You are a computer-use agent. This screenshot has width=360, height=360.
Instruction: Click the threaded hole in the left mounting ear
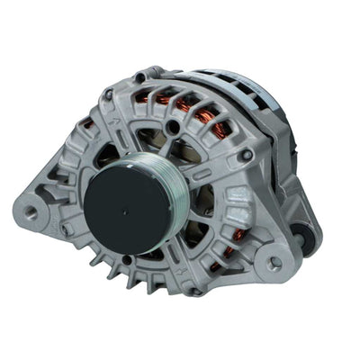(x=31, y=213)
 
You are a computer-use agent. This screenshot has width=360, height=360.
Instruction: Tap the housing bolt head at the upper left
(x=109, y=94)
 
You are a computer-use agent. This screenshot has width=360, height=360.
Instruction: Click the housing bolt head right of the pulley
(x=246, y=155)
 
